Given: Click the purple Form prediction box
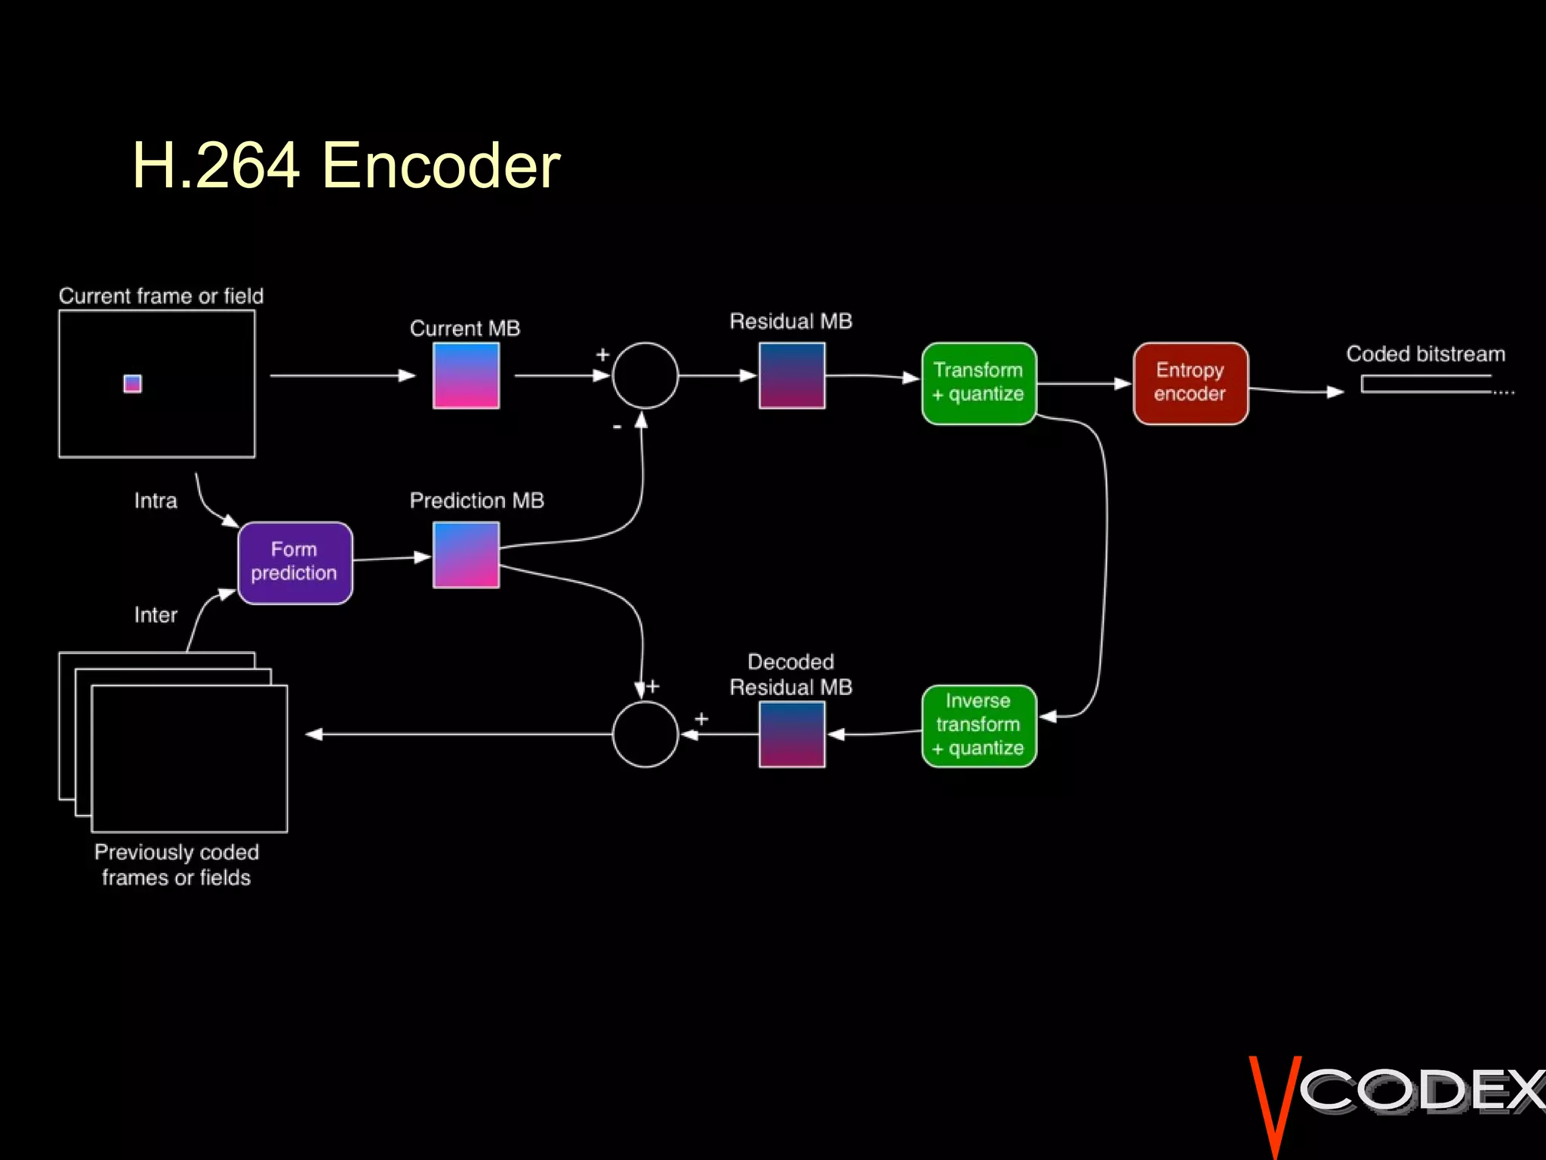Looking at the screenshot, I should tap(295, 563).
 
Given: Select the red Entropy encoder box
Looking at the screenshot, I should tap(1190, 383).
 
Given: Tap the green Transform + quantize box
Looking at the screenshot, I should tap(978, 383).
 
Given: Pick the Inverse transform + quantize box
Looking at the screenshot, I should tap(978, 725).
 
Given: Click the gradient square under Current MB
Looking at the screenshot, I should tap(466, 375).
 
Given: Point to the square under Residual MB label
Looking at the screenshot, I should tap(791, 375).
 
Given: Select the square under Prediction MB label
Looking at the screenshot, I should tap(466, 555).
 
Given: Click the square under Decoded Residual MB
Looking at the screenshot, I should tap(791, 734).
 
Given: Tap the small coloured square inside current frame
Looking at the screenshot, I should tap(132, 384).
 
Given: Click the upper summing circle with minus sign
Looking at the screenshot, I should tap(645, 375).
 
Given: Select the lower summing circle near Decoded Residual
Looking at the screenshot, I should tap(645, 734).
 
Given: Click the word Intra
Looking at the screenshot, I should tap(156, 501).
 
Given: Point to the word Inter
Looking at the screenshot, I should tap(156, 615).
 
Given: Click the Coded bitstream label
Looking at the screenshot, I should tap(1425, 354).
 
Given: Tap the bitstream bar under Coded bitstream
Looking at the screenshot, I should tap(1427, 384).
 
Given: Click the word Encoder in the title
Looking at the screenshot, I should tap(441, 165).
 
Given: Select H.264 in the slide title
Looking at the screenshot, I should tap(216, 165).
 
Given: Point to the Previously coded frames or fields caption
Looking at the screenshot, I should tap(176, 865).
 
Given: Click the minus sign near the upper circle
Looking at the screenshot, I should tap(617, 427).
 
